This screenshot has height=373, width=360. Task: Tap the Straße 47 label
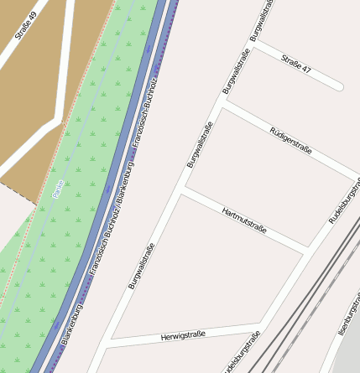296,65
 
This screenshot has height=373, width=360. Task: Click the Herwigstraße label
183,335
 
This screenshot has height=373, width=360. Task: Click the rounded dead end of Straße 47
338,85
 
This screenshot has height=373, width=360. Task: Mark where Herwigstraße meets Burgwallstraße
108,343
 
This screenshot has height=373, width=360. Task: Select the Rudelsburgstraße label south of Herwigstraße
242,354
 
